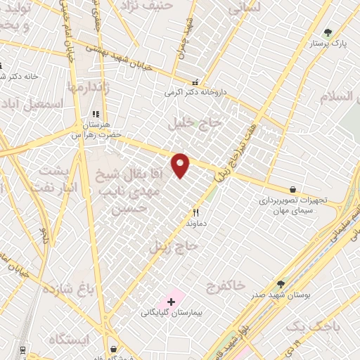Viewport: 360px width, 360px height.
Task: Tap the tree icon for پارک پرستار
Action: (328, 32)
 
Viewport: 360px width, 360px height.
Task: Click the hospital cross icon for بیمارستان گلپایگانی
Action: (171, 301)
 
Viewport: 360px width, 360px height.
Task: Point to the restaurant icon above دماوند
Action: (196, 212)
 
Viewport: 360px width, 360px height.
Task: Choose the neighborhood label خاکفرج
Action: (226, 285)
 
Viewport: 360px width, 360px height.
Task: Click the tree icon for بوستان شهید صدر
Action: (281, 284)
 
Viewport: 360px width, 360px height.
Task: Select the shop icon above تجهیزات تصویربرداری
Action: (292, 189)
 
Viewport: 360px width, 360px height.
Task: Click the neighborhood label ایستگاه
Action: (66, 340)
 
